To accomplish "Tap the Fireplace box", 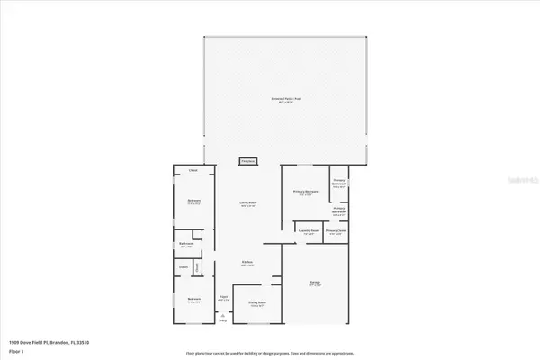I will tap(247, 162).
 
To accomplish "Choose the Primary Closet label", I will tap(337, 230).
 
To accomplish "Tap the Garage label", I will tap(316, 283).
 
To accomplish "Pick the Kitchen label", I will tap(247, 263).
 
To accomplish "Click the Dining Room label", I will tap(259, 303).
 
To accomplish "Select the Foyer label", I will tap(225, 298).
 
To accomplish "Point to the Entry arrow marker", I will tap(222, 317).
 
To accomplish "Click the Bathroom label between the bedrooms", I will tap(186, 244).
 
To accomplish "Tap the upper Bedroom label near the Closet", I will tap(193, 201).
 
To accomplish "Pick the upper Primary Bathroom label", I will tap(339, 182).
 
